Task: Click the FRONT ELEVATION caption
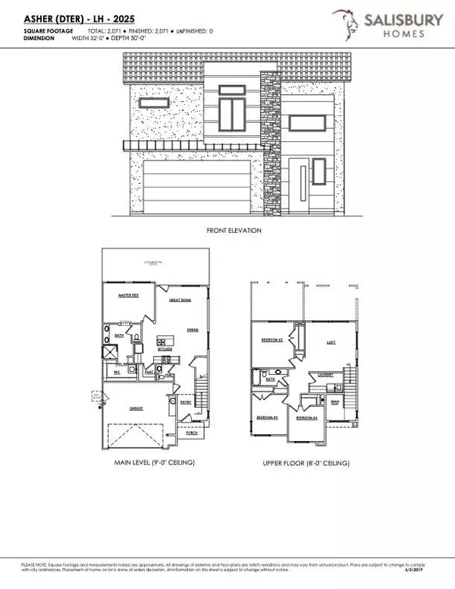pyautogui.click(x=234, y=230)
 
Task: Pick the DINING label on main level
pyautogui.click(x=193, y=330)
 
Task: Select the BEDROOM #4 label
pyautogui.click(x=306, y=418)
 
